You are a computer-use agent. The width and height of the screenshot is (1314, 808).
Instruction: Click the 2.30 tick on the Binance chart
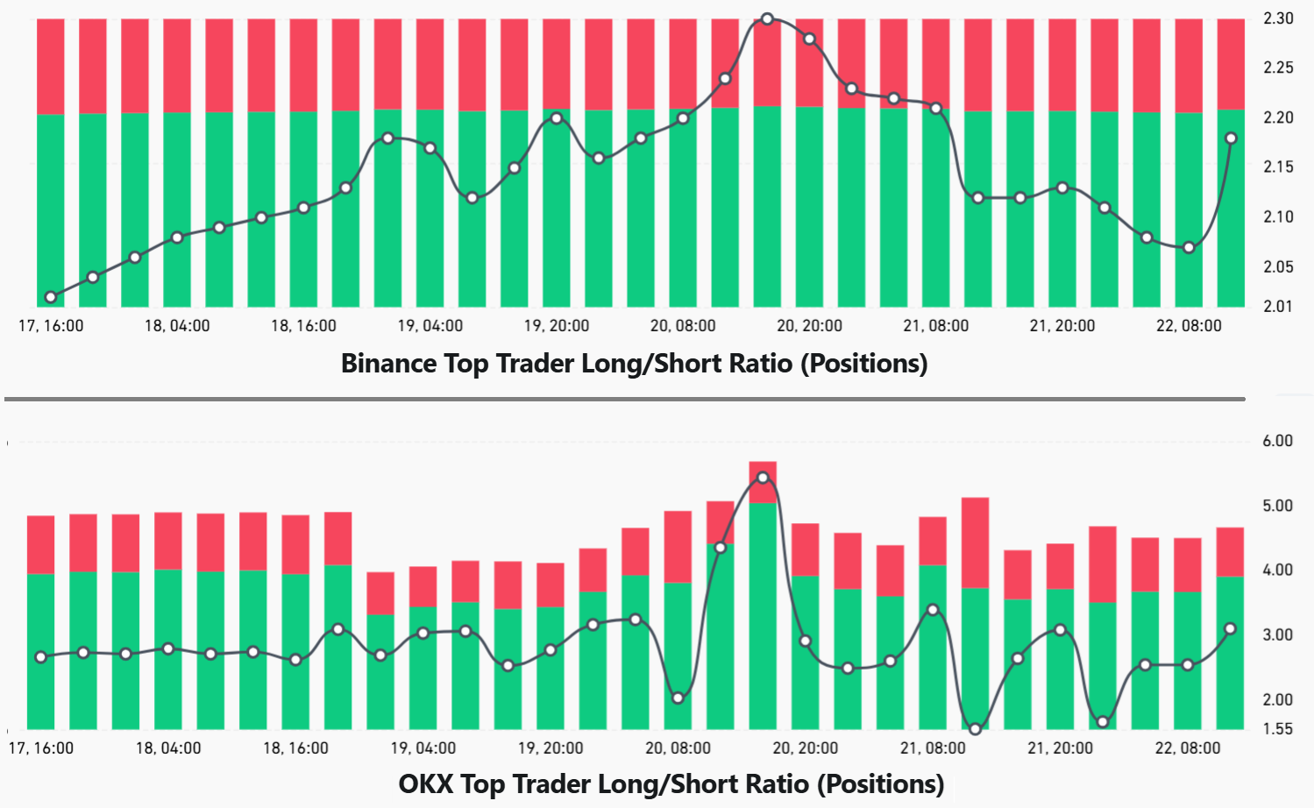pos(1278,18)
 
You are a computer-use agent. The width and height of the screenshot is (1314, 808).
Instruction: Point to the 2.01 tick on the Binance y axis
pos(1278,306)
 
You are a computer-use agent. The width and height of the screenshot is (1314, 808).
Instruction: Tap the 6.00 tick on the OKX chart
pos(1277,441)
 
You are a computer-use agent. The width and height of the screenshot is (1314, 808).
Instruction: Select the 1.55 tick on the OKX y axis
pos(1277,729)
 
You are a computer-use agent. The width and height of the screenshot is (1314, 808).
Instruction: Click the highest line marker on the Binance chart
pos(767,18)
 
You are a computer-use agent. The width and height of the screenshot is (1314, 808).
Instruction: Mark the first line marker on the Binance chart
pos(51,297)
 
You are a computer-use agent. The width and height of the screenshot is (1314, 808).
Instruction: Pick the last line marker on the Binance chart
pos(1231,138)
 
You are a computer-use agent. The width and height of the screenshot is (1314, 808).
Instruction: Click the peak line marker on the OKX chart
pos(763,478)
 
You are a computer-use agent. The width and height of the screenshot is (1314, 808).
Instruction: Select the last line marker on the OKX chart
pos(1230,628)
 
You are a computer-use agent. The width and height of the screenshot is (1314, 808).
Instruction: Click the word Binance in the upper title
pos(388,363)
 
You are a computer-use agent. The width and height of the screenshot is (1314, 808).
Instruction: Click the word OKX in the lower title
pos(425,783)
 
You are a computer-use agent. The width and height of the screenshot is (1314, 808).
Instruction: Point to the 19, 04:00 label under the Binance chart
pos(430,326)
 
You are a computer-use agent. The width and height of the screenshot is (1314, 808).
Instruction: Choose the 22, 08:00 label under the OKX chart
pos(1187,748)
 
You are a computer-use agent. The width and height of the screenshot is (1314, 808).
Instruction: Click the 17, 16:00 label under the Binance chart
pos(51,326)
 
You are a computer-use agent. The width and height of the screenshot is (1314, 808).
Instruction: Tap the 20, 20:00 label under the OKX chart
pos(805,748)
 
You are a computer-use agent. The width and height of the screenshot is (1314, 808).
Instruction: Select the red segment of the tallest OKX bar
pos(763,470)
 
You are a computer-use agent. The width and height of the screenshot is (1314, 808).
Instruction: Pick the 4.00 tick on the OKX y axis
pos(1277,570)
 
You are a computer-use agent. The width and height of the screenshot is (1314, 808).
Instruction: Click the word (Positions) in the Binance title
pos(863,363)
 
